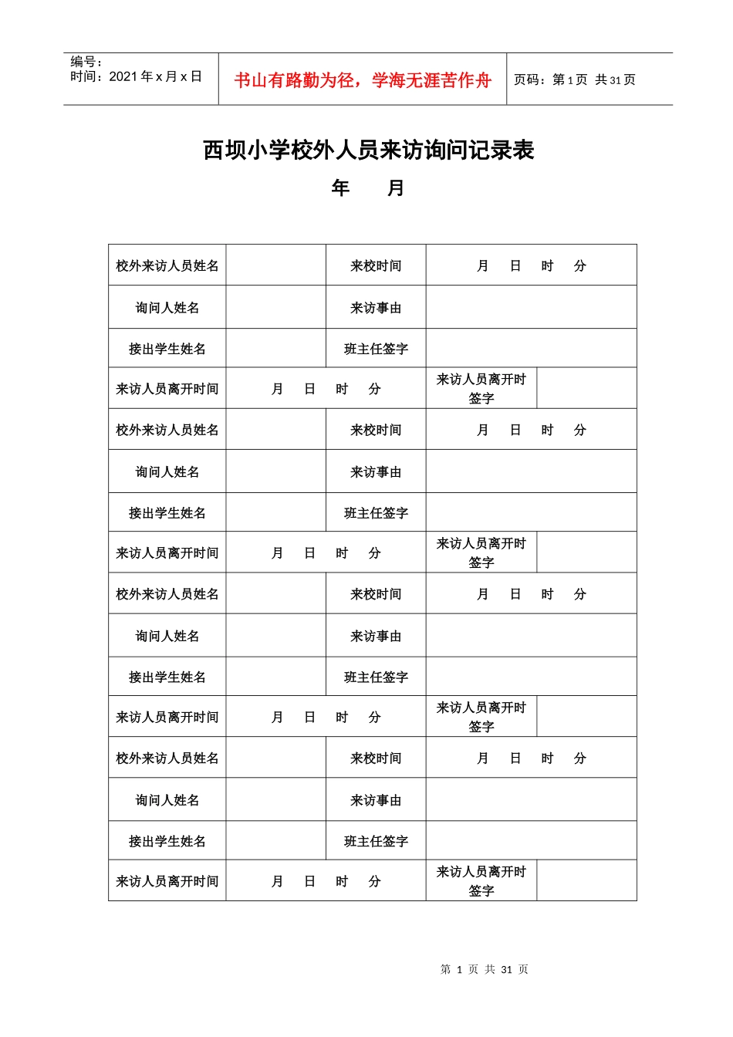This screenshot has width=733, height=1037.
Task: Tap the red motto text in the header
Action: tap(363, 80)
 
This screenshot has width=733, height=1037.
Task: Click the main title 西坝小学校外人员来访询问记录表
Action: tap(368, 150)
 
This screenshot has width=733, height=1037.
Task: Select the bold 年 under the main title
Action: tap(340, 188)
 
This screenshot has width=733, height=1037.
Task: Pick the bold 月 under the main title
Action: tap(396, 188)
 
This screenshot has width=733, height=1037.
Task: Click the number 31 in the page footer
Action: tap(506, 970)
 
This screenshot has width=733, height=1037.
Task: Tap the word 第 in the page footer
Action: tap(445, 970)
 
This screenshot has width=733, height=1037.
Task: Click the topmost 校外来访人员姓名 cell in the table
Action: tap(167, 266)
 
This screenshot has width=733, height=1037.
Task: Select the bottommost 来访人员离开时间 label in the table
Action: tap(167, 881)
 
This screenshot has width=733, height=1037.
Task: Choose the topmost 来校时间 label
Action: tap(376, 266)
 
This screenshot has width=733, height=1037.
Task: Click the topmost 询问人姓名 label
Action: tap(167, 308)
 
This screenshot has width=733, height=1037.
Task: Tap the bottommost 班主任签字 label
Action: tap(376, 841)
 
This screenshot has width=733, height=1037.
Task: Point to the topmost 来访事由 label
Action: tap(376, 308)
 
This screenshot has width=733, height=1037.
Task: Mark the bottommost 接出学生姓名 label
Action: tap(167, 841)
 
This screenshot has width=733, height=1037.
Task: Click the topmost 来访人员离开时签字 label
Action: tap(481, 389)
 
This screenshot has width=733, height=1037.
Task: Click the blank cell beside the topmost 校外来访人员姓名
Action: tap(276, 266)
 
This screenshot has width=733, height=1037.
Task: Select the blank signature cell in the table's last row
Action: tap(586, 881)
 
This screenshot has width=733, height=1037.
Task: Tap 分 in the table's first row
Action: tap(579, 266)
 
